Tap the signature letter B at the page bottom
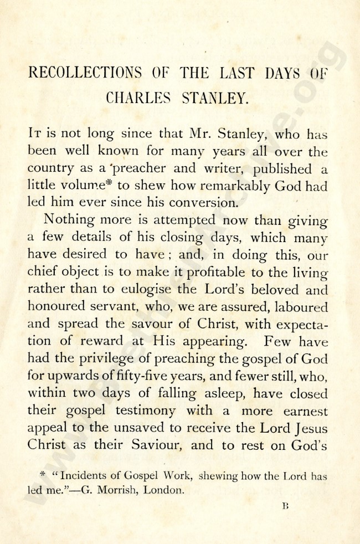point(286,507)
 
